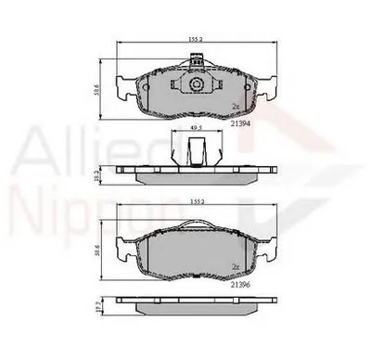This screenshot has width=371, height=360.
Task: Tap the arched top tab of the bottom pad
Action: click(196, 225)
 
